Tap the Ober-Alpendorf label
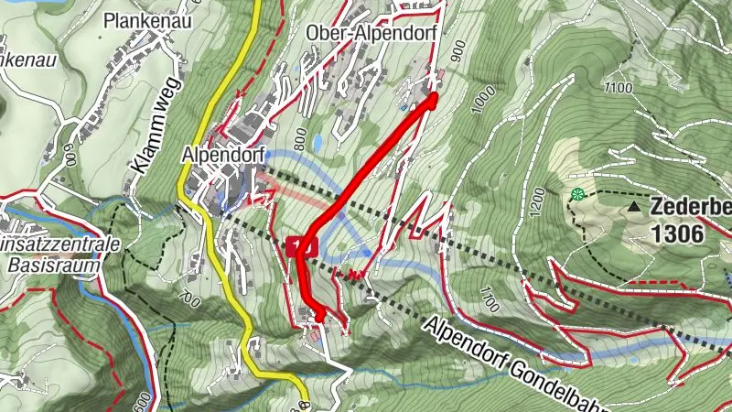374,31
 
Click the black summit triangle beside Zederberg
634,208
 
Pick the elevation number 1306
678,233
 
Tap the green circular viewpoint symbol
577,193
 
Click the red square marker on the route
301,245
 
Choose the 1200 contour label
537,197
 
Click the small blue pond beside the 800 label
317,144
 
